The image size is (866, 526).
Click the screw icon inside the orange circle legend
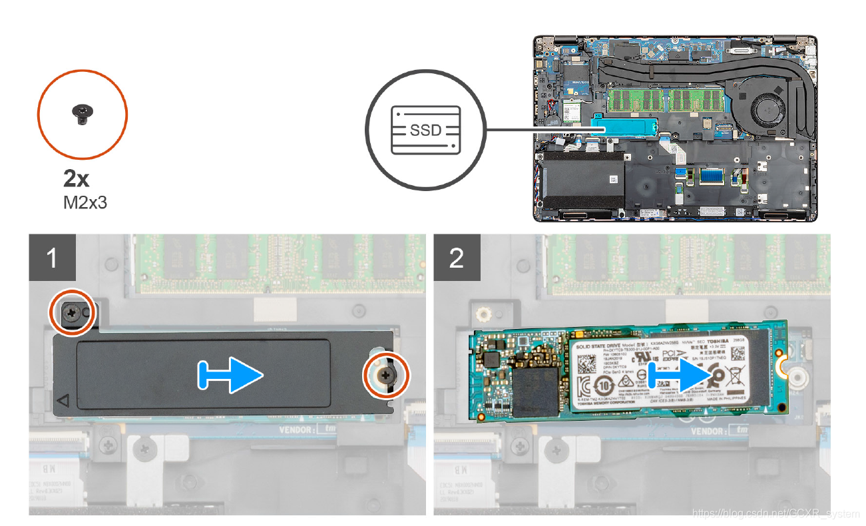(82, 115)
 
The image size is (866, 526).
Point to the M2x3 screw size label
(85, 201)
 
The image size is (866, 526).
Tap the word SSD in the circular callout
(425, 130)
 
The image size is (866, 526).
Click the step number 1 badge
(53, 258)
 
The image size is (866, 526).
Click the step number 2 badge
(457, 258)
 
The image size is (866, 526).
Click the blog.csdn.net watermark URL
(775, 513)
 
